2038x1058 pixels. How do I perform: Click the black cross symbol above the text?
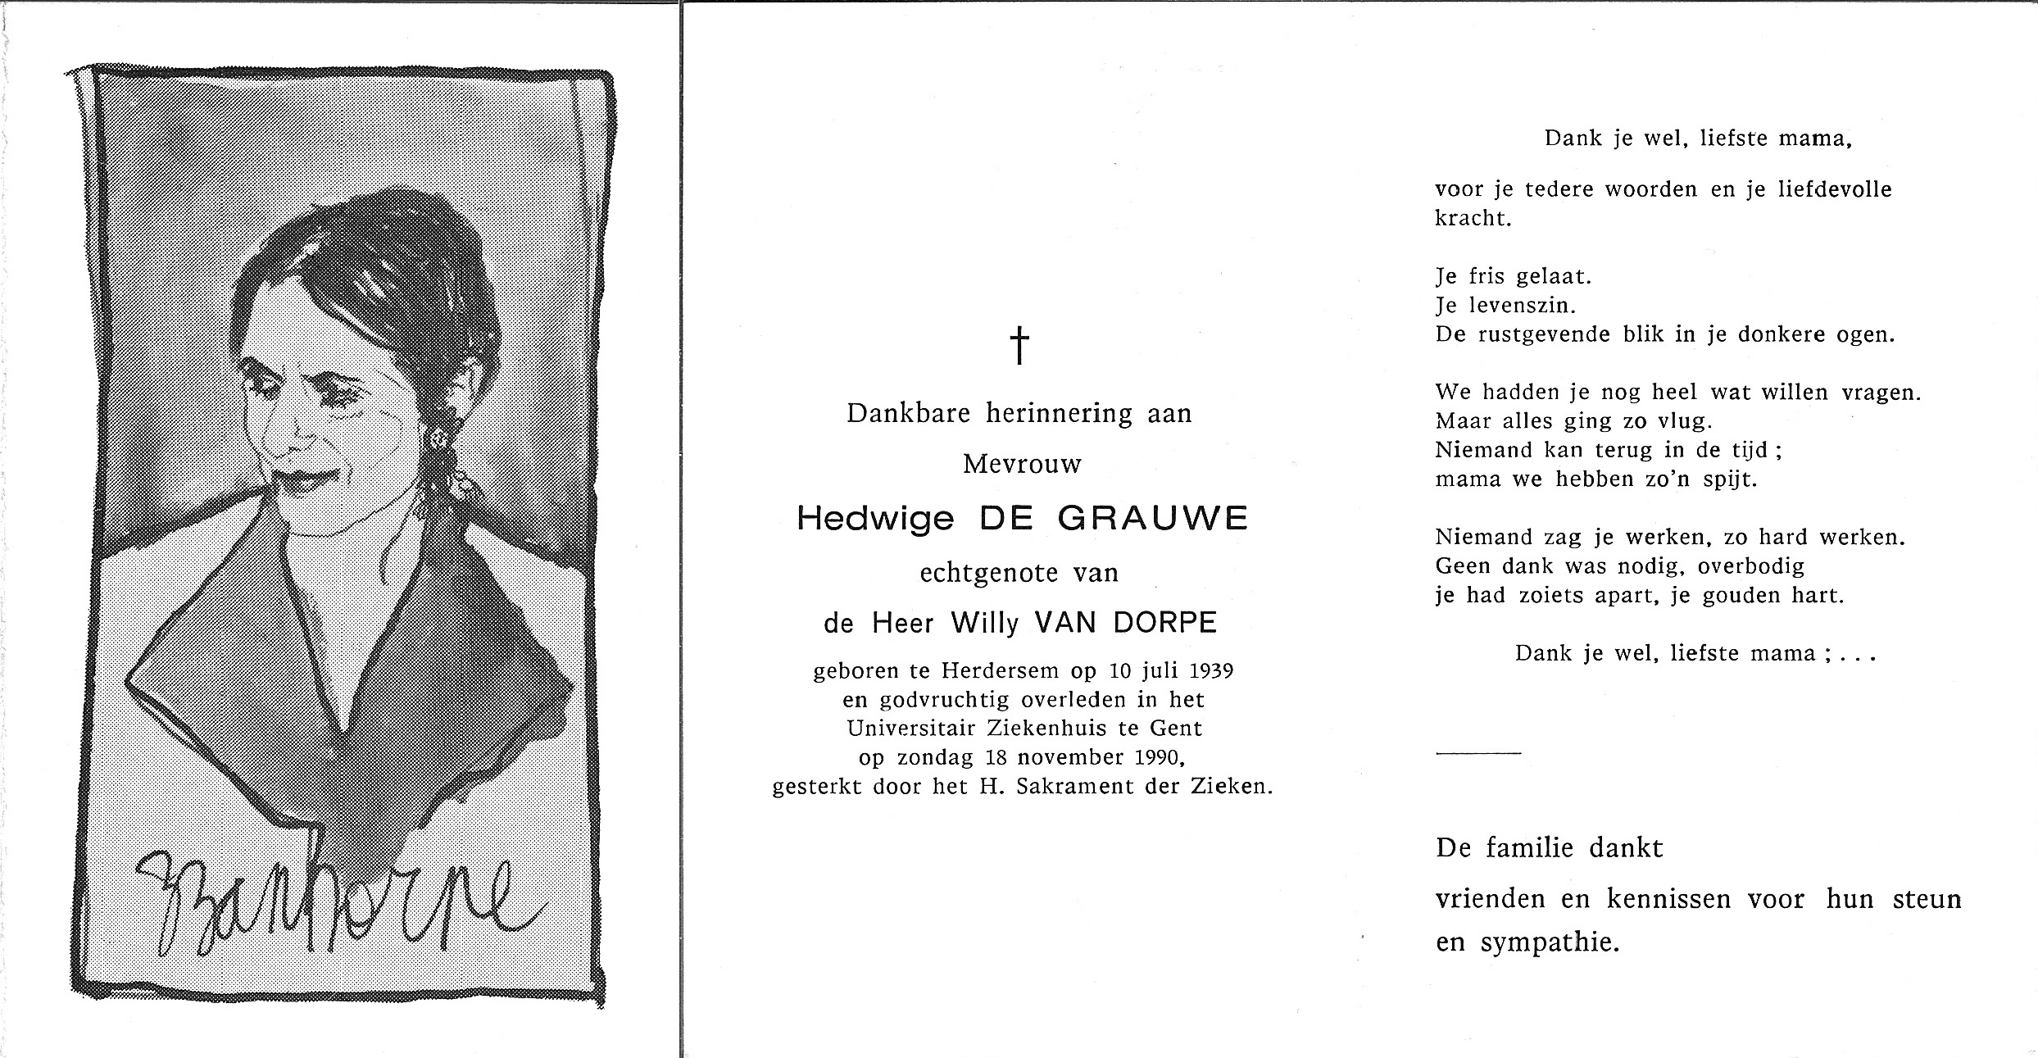click(x=1019, y=345)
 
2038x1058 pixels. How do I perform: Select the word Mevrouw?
click(x=1022, y=465)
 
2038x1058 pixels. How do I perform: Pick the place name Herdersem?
click(x=1000, y=671)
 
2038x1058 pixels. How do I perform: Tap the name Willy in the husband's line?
click(x=984, y=624)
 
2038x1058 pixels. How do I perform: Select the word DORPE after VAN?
click(x=1172, y=624)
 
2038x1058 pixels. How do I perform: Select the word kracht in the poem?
click(x=1473, y=219)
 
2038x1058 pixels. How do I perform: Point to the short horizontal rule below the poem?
click(x=1477, y=752)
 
